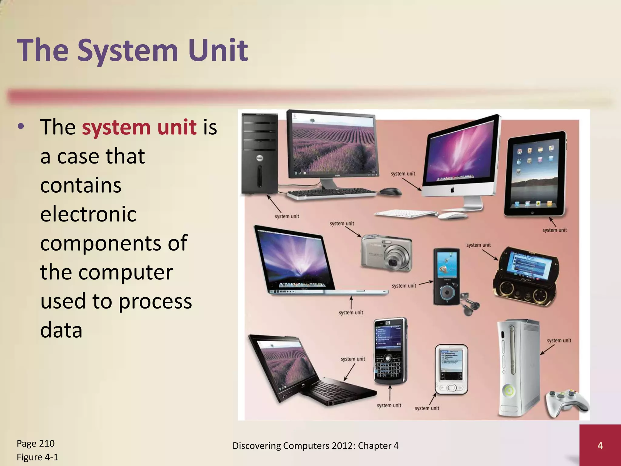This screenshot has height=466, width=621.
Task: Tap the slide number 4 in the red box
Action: tap(600, 446)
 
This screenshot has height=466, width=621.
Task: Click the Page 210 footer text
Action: tap(35, 444)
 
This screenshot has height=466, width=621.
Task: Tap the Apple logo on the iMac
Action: tap(452, 190)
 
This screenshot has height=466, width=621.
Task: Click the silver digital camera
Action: tap(387, 253)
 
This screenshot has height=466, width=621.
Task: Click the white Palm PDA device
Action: tap(451, 369)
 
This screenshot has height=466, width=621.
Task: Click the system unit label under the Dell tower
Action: tap(287, 216)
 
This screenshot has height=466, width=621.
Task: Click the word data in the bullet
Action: tap(61, 330)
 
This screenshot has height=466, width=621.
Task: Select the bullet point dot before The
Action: tap(21, 127)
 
